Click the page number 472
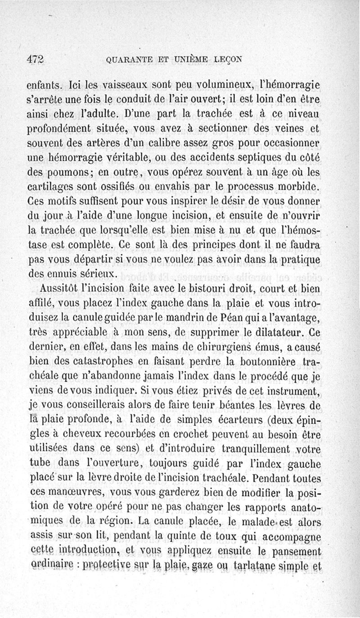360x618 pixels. click(x=37, y=59)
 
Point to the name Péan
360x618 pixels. click(x=235, y=318)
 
